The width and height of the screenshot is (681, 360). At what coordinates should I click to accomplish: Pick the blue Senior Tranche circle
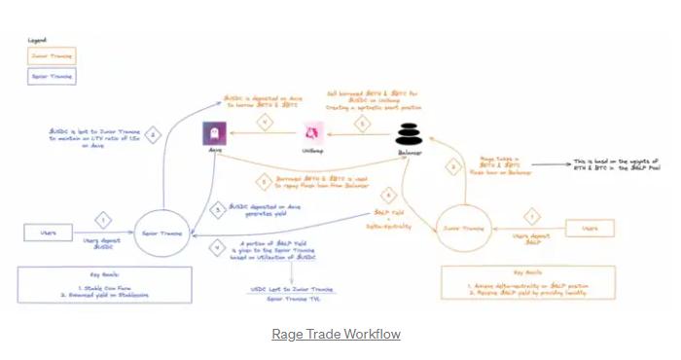point(160,231)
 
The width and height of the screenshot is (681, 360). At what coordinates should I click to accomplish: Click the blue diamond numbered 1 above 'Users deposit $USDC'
point(105,219)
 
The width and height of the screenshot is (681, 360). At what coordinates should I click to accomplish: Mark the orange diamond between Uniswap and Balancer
point(361,123)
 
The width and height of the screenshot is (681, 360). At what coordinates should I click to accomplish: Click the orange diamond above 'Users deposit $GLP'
point(532,215)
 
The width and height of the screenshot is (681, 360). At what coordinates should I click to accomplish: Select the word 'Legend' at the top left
point(37,41)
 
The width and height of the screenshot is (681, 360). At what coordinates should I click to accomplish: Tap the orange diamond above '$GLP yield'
point(387,194)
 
